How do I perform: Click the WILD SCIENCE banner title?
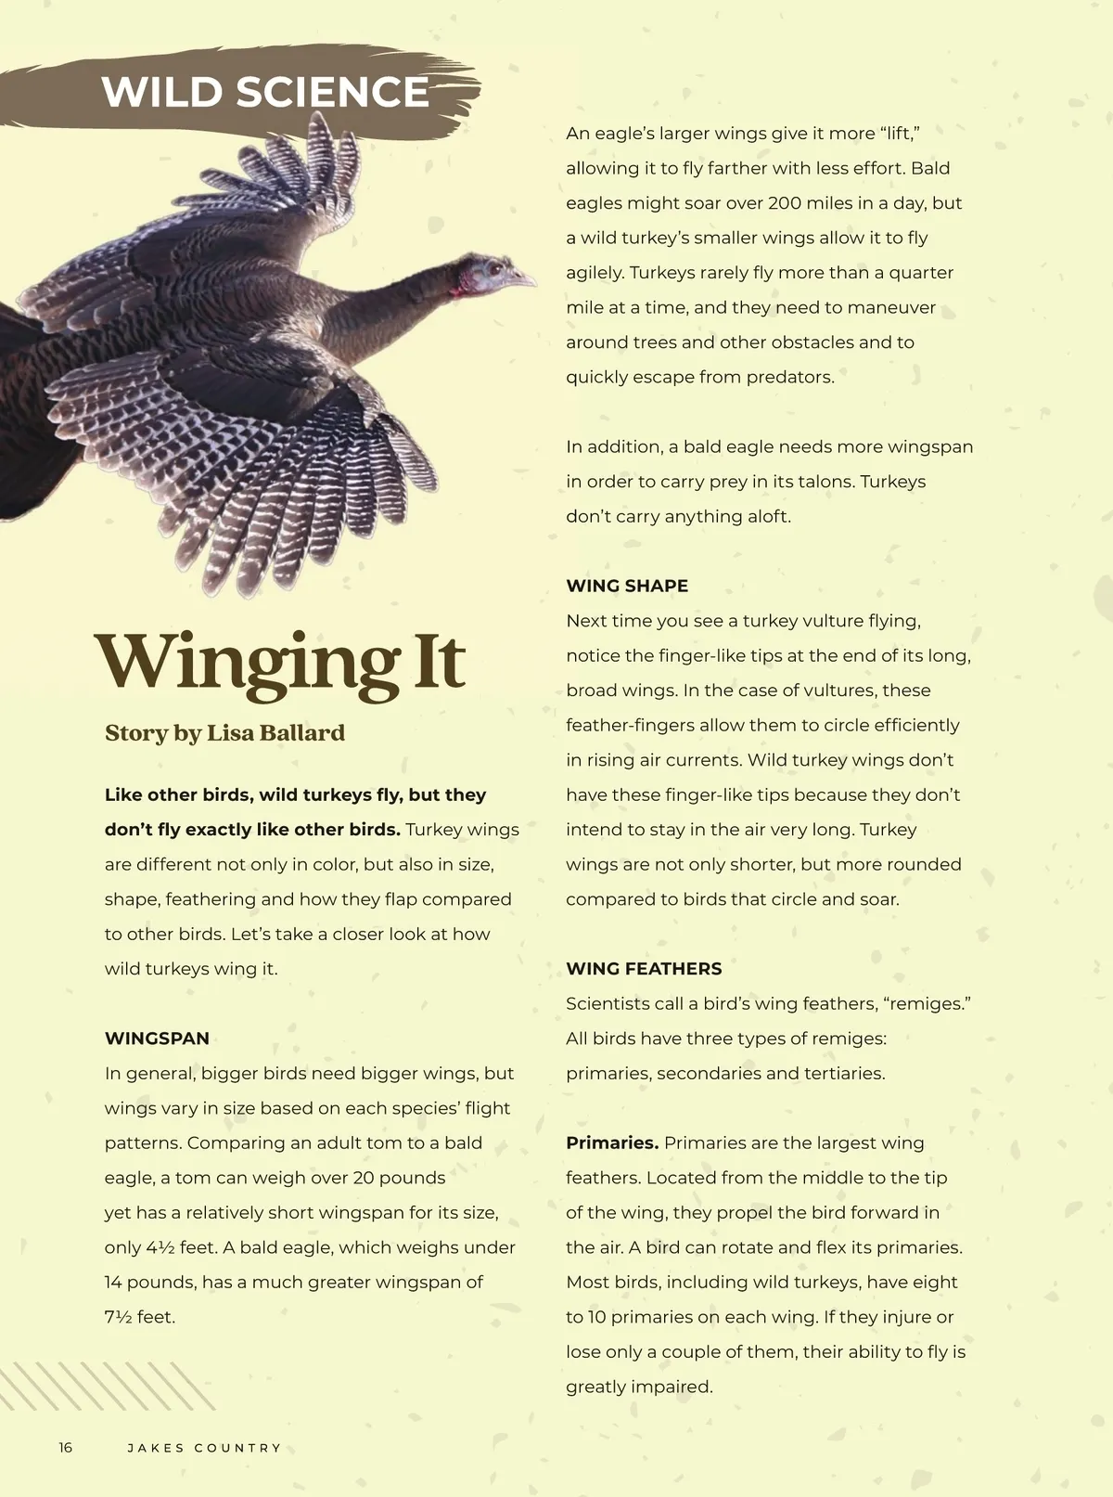coord(265,92)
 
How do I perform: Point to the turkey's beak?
coord(525,277)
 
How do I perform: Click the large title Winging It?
coord(280,663)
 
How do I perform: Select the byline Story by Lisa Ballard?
coord(224,733)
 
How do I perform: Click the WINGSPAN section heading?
coord(157,1039)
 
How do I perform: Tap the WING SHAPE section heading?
coord(627,586)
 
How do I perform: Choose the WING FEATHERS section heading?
coord(644,969)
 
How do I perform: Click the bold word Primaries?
coord(612,1142)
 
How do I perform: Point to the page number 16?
coord(65,1448)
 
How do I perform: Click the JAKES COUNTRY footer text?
coord(204,1448)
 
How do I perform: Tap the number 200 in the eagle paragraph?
coord(786,203)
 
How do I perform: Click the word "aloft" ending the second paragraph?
coord(767,517)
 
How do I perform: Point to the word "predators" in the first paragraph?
coord(793,378)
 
